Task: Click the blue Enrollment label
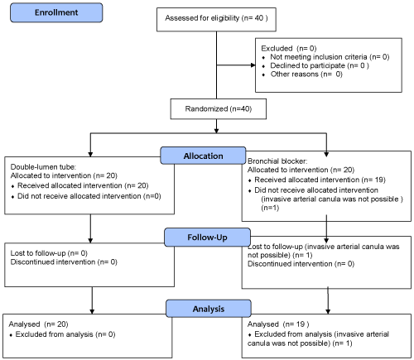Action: [x=56, y=12]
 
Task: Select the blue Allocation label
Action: [x=203, y=156]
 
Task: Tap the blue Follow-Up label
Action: [x=207, y=238]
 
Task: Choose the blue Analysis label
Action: [x=209, y=309]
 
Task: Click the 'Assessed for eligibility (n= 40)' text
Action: [x=216, y=18]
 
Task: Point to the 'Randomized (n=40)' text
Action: [x=219, y=108]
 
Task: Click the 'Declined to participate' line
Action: [x=320, y=65]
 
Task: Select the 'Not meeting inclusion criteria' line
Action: [x=330, y=57]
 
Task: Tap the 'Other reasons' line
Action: [x=306, y=74]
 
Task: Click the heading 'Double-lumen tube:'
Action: [x=43, y=167]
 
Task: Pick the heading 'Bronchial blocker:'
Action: [x=277, y=161]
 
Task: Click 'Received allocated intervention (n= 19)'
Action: [x=320, y=180]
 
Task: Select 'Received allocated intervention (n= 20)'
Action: [x=83, y=185]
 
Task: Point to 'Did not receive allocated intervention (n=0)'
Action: [x=89, y=196]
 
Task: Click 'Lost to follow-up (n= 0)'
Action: [x=49, y=253]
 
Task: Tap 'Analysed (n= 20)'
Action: [x=38, y=324]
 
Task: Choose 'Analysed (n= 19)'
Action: [x=278, y=324]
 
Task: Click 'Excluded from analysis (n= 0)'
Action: [x=65, y=334]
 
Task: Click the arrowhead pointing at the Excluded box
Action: [x=253, y=65]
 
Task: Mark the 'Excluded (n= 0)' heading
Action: [x=289, y=49]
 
